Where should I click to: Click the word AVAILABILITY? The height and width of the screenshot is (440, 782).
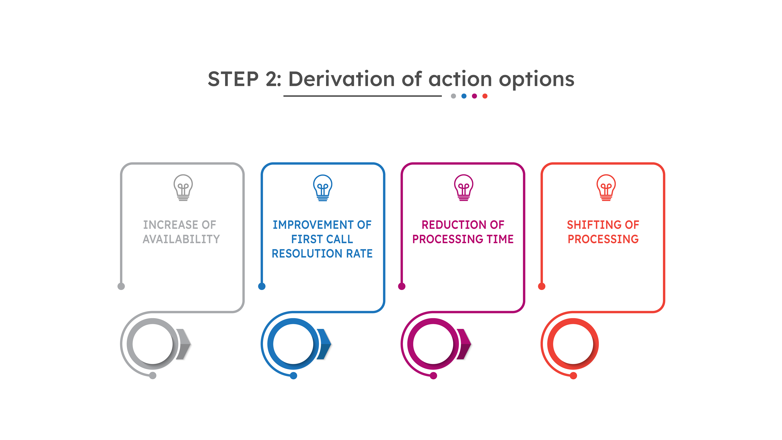pos(181,239)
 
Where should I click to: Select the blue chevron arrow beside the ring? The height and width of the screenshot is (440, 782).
pos(324,344)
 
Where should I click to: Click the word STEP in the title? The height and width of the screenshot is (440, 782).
pos(233,79)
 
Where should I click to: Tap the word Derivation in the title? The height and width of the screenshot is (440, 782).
pos(342,79)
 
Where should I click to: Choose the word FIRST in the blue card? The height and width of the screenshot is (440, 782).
pos(305,239)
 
